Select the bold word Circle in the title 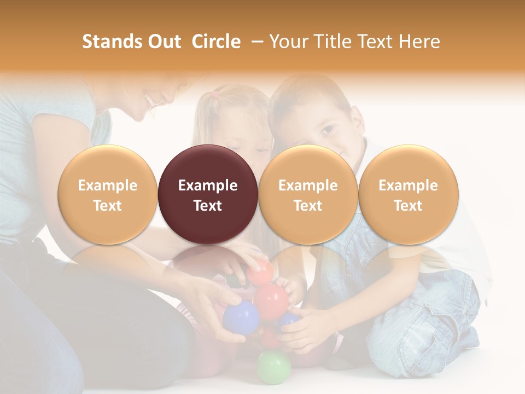(216, 42)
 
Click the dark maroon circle (208, 194)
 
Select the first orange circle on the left (107, 194)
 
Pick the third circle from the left (308, 194)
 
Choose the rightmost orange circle (408, 194)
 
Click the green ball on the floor (273, 366)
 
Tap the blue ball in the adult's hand (241, 317)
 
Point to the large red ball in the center (271, 299)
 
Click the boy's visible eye (327, 130)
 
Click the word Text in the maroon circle (208, 206)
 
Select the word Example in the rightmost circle (408, 186)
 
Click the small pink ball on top (261, 271)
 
